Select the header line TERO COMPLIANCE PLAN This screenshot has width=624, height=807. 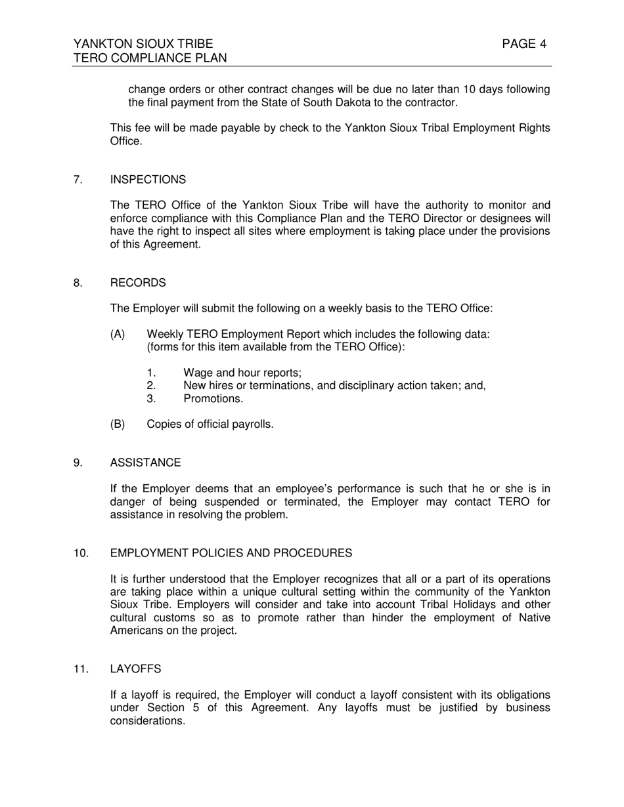[x=150, y=58]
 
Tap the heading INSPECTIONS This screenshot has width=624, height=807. [x=148, y=180]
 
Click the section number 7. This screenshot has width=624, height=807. [x=78, y=180]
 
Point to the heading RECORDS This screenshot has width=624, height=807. [x=138, y=283]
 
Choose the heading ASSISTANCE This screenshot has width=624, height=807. [x=145, y=463]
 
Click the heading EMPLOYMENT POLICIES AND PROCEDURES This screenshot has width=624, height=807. [x=231, y=553]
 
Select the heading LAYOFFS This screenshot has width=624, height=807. [x=135, y=669]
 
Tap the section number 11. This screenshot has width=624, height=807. [x=81, y=669]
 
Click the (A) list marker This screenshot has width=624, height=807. [x=118, y=335]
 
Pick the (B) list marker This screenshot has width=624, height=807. [x=118, y=424]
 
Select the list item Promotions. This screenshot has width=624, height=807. [x=213, y=399]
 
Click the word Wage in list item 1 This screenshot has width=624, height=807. [x=198, y=373]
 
